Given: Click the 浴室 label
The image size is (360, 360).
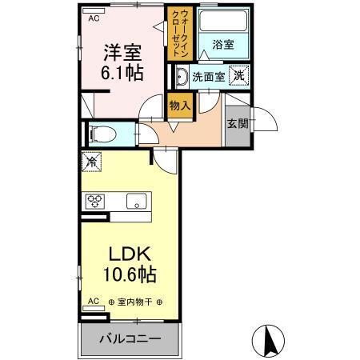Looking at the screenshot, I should (222, 46).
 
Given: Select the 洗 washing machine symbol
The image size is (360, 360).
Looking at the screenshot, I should (238, 75).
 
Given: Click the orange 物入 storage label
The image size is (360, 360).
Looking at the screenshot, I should (179, 103).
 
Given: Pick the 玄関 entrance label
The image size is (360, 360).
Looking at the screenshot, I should (236, 123).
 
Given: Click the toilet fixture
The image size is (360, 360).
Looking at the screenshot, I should (99, 134).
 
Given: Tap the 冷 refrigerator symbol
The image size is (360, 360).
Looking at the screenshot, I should (92, 162).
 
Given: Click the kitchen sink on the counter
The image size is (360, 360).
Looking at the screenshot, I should (134, 200).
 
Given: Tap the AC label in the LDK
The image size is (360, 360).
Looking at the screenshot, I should (93, 302).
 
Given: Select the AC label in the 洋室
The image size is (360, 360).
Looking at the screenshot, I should (94, 17).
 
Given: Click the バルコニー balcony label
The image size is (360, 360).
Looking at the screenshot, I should (129, 338).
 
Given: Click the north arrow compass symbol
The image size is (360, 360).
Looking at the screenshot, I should (270, 340).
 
